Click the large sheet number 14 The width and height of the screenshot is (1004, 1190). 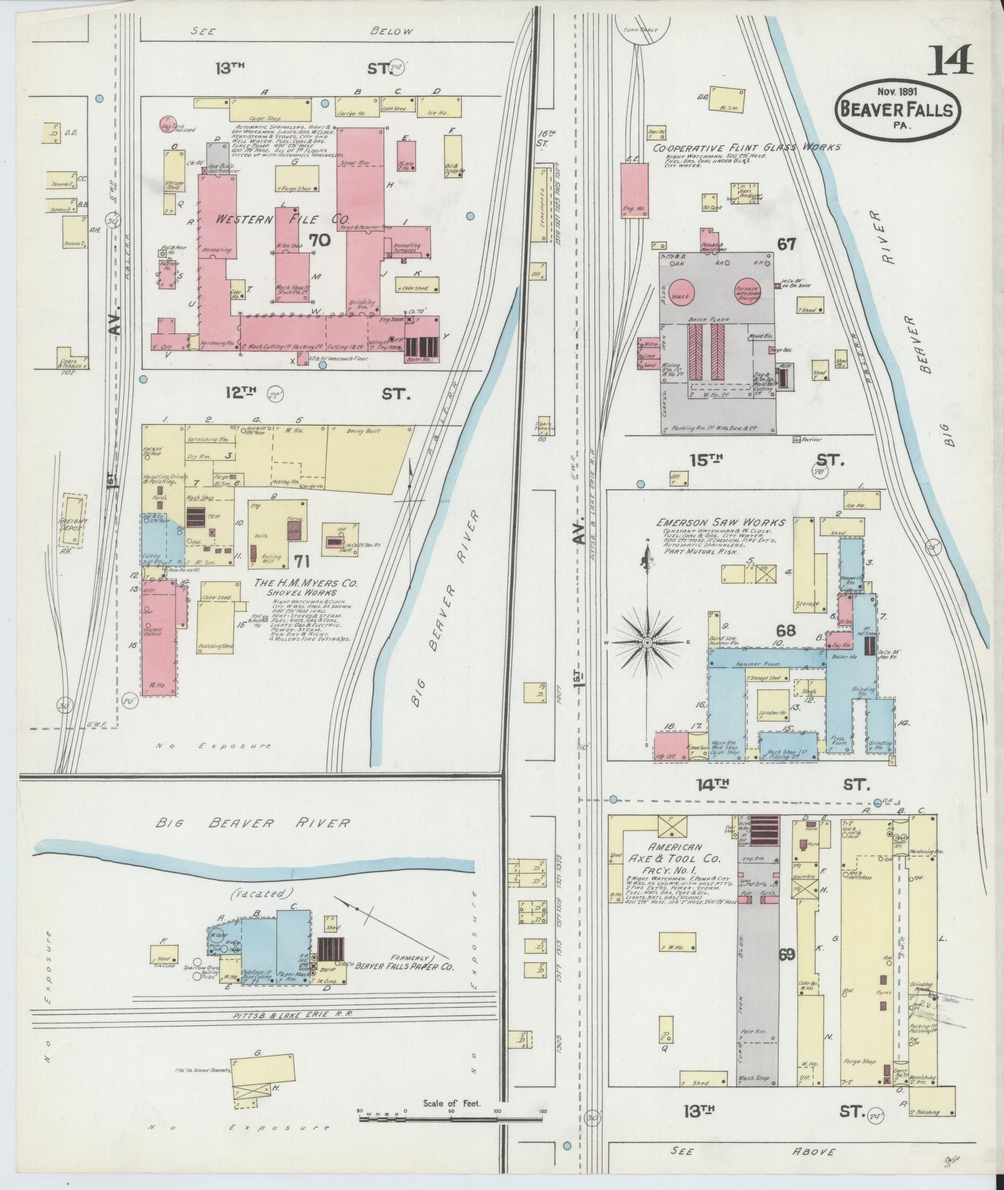click(x=950, y=60)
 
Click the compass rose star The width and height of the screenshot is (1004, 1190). click(x=647, y=642)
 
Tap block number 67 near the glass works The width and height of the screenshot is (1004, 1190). click(x=786, y=244)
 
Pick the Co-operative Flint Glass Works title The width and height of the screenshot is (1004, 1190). click(x=746, y=147)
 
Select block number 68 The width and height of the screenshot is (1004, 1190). click(x=786, y=631)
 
